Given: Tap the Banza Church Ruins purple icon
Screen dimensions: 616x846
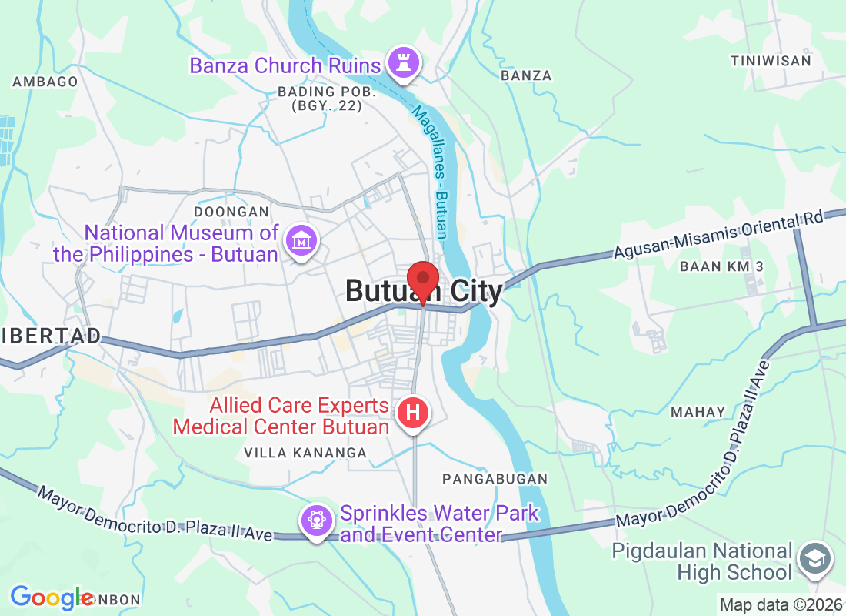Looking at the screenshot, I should [x=403, y=63].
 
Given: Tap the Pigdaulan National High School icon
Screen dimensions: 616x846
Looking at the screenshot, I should [x=814, y=560].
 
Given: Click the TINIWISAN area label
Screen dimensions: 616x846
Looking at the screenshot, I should [x=771, y=60].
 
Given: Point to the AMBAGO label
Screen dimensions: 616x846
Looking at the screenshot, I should [x=45, y=82].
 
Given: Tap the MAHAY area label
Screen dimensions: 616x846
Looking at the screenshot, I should [x=698, y=412].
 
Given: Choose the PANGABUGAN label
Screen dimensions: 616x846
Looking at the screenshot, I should [x=495, y=479].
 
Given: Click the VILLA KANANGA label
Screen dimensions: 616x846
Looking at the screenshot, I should [x=305, y=453].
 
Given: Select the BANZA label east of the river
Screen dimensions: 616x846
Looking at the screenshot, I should [x=526, y=75].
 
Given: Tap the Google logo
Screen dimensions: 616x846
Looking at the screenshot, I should [x=52, y=598].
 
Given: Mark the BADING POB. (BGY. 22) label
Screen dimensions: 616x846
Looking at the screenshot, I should [x=327, y=99].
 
